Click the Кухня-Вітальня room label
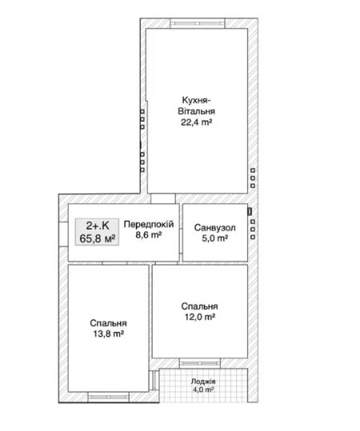click(x=196, y=106)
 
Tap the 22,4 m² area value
click(x=196, y=122)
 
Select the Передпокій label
click(x=149, y=224)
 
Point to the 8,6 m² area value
click(x=149, y=235)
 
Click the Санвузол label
click(x=214, y=228)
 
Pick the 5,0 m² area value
click(x=214, y=238)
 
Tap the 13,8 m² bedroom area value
click(x=108, y=334)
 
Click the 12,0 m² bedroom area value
click(x=200, y=317)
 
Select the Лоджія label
click(x=203, y=381)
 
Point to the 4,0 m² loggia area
click(x=203, y=389)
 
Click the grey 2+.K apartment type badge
click(x=98, y=231)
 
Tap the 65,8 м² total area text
click(x=98, y=238)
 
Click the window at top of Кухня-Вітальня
click(x=198, y=23)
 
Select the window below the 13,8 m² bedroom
click(x=108, y=397)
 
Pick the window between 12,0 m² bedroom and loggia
click(x=200, y=363)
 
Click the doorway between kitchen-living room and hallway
click(x=163, y=198)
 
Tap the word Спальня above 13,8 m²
click(x=108, y=323)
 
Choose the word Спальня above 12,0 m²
click(x=200, y=306)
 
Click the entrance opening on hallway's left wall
click(x=63, y=233)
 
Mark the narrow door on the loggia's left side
click(x=154, y=381)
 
